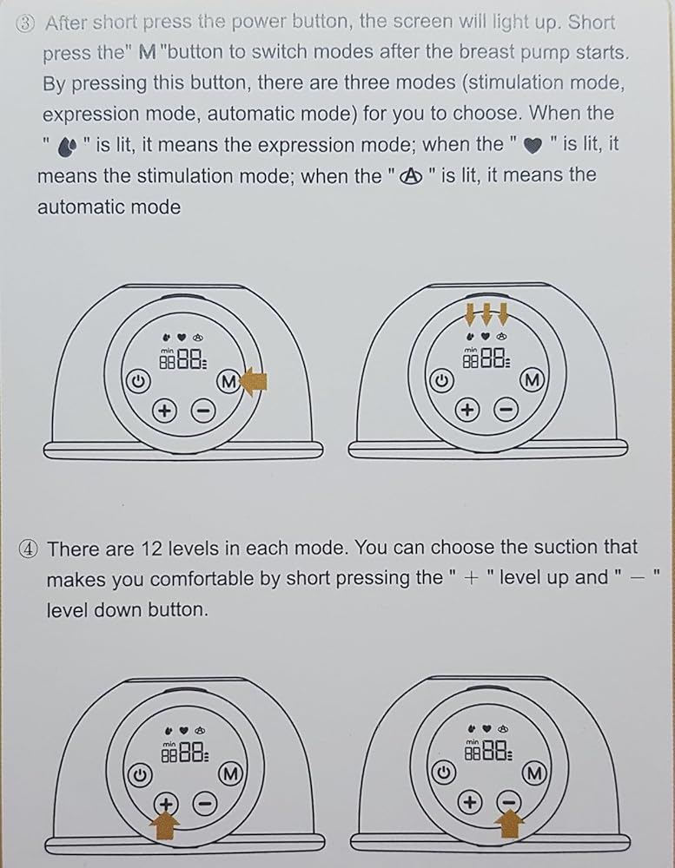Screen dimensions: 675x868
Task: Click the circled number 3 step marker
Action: click(x=25, y=23)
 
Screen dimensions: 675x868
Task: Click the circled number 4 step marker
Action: click(x=29, y=549)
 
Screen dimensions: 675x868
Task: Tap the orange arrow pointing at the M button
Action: click(x=255, y=381)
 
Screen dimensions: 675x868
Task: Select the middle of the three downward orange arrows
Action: click(x=486, y=314)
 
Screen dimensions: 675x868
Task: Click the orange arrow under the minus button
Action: click(x=510, y=823)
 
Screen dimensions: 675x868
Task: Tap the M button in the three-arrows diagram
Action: click(x=532, y=380)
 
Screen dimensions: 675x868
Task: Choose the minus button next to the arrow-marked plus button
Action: click(x=204, y=803)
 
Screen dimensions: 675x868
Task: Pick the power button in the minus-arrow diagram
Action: click(x=443, y=773)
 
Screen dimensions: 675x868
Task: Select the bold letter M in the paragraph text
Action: click(x=148, y=53)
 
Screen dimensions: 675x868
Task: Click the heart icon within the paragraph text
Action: click(x=533, y=146)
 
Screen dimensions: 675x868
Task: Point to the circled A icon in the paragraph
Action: click(x=411, y=176)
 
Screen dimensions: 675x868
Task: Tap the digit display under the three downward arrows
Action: click(x=486, y=358)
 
